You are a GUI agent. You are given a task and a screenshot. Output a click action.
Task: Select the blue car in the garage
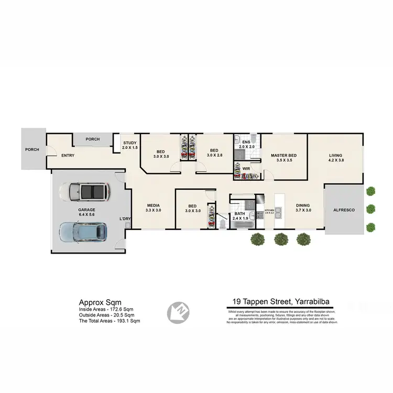[x=84, y=231]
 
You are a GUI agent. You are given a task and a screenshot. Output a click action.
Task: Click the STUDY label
[x=130, y=145]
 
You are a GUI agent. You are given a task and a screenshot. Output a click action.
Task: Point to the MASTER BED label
[x=283, y=158]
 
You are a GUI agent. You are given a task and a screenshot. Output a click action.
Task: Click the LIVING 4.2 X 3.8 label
[x=335, y=158]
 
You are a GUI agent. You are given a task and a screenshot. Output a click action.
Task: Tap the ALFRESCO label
[x=344, y=210]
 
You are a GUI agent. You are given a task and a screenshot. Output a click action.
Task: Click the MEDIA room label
[x=153, y=208]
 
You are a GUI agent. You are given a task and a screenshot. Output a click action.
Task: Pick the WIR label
[x=245, y=169]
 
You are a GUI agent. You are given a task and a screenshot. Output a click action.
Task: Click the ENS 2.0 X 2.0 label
[x=246, y=145]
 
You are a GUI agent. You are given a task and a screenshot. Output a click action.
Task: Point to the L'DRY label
[x=125, y=219]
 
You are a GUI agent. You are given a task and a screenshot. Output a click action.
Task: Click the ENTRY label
[x=68, y=156]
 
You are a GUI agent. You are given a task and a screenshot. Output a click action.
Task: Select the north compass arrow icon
[x=176, y=312]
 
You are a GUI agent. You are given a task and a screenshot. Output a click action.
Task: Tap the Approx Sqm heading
[x=100, y=302]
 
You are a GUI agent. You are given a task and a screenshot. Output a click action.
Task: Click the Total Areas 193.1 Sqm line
[x=110, y=320]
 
